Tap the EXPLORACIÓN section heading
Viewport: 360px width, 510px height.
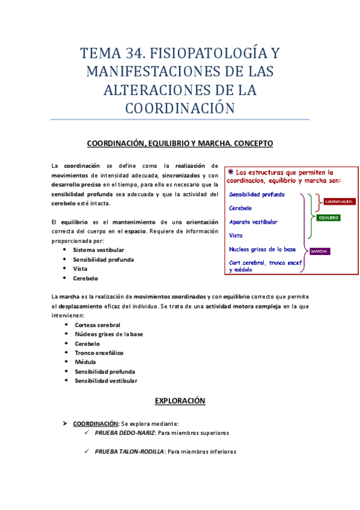pos(180,400)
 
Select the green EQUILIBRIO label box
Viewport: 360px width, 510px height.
pos(328,217)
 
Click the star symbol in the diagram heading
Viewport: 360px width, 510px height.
pos(231,171)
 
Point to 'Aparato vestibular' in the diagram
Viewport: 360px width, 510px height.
pos(253,222)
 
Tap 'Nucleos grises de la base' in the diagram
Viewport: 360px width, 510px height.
pos(263,249)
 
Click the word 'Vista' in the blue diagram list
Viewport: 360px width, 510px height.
pos(236,235)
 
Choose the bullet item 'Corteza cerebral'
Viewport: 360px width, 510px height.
pos(97,325)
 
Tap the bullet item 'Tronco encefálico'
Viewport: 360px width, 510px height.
pos(100,352)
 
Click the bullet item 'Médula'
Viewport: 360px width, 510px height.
pos(85,362)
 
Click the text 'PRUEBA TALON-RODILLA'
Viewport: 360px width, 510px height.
pos(129,452)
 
